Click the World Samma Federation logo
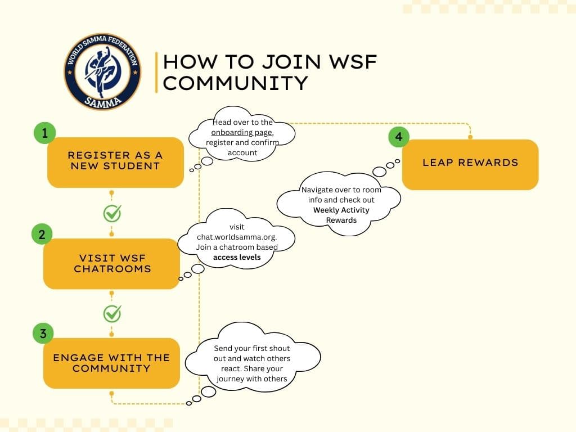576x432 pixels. coord(102,71)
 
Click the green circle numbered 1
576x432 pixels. coord(44,133)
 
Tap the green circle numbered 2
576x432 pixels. coord(42,235)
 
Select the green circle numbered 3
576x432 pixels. coord(43,334)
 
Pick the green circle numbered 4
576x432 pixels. coord(399,137)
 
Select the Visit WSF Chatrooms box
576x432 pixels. coord(111,264)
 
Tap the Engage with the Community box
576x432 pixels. coord(111,363)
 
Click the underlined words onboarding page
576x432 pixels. coord(242,133)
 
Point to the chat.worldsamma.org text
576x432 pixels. coord(237,237)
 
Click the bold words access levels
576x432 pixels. coord(237,257)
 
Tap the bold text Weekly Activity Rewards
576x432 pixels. coord(341,215)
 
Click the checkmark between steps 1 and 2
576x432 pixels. coord(112,213)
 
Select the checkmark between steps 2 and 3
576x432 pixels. coord(112,313)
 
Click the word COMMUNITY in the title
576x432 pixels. coord(235,83)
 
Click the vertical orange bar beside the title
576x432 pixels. coord(156,72)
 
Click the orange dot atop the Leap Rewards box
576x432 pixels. coord(470,137)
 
